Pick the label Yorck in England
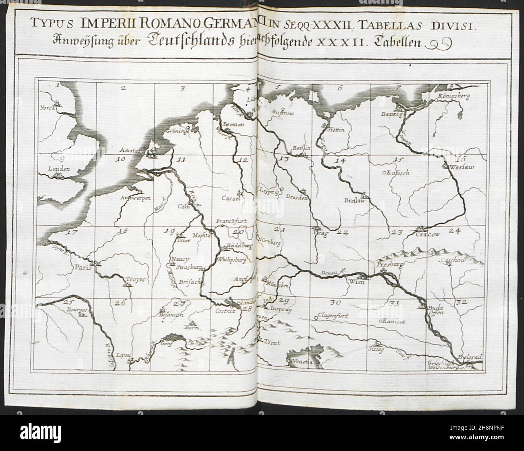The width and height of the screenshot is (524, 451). (x=47, y=108)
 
